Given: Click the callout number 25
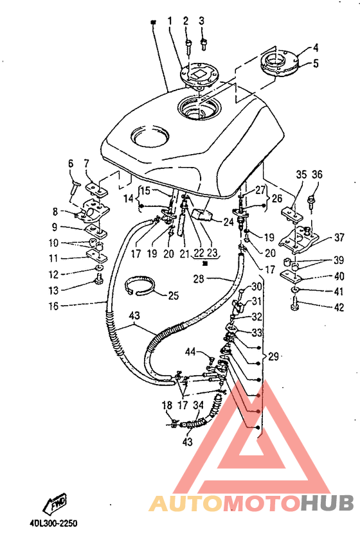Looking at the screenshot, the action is click(x=173, y=295).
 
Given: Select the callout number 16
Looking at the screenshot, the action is click(x=53, y=306).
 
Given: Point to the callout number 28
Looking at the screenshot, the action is click(x=199, y=279).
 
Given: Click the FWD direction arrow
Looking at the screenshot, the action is click(x=55, y=503).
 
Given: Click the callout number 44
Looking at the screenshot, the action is click(x=190, y=352).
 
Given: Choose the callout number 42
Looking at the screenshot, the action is click(x=339, y=308).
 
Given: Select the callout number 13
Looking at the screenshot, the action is click(x=53, y=290).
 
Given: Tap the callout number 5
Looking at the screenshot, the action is click(x=316, y=64).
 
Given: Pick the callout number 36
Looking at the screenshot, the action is click(x=317, y=175).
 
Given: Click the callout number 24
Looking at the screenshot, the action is click(x=228, y=222).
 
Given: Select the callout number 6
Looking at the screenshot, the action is click(x=71, y=163).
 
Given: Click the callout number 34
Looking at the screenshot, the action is click(x=198, y=405).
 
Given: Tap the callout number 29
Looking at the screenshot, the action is click(x=274, y=356).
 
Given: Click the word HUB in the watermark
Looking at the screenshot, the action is click(x=327, y=503).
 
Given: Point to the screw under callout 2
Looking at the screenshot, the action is click(x=188, y=46).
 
